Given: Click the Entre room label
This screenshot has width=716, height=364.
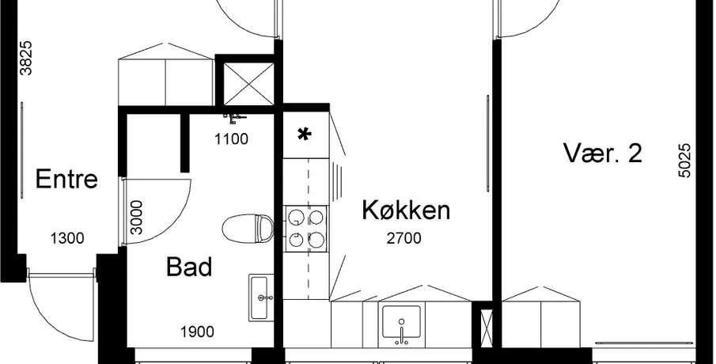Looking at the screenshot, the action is (x=66, y=179).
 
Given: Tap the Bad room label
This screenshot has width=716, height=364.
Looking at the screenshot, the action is (x=189, y=267).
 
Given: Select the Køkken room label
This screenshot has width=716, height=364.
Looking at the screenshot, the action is (x=406, y=210).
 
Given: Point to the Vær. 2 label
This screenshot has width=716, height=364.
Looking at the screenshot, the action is (x=603, y=153).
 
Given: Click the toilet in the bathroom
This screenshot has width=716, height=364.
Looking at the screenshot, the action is (x=248, y=227).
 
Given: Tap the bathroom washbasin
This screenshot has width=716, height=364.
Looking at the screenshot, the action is (x=262, y=298).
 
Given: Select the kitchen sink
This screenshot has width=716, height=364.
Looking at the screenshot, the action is (x=401, y=324).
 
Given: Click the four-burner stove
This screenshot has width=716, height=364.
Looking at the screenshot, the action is (x=307, y=228).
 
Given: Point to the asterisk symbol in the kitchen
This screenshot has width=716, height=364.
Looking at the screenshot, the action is (x=304, y=135).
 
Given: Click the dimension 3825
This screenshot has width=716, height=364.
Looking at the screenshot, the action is (x=27, y=58).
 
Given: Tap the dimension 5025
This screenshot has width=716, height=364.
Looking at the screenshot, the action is (x=685, y=161).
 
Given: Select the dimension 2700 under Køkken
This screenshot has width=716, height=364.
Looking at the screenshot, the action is (x=403, y=238).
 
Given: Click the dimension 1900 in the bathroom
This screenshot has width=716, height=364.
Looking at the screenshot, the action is (x=197, y=332).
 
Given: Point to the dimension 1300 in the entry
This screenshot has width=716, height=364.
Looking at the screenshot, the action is (x=67, y=238).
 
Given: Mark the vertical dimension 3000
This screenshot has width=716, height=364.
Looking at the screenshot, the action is (x=136, y=218).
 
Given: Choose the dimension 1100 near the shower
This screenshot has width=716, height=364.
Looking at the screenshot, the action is (x=232, y=138).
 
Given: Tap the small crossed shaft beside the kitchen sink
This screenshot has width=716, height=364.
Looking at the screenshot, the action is (x=487, y=328).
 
